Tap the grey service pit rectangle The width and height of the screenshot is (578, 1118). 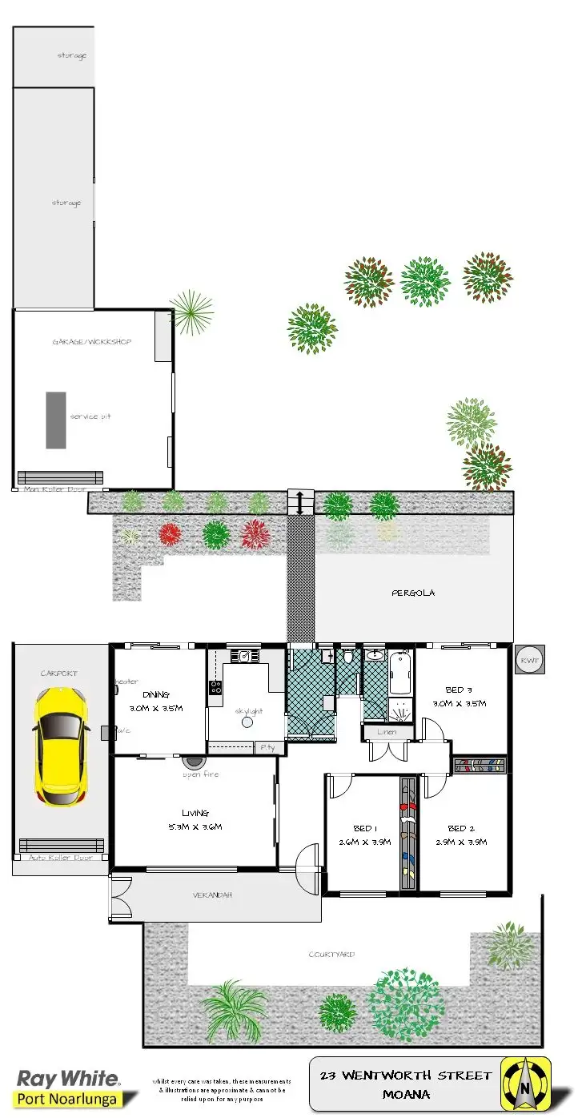(55, 420)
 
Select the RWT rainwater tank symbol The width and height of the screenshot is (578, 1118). (529, 660)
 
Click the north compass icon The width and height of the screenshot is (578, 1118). (525, 1084)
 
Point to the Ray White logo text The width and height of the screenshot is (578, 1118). (67, 1078)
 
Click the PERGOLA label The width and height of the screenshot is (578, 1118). (412, 593)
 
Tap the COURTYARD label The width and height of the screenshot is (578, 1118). (331, 955)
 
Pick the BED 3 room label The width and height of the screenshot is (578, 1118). (460, 690)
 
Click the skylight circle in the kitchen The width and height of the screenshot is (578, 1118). (247, 722)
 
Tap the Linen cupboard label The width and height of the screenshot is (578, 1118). (388, 732)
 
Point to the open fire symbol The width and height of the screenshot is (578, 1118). (193, 763)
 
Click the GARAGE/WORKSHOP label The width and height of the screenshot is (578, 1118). (91, 342)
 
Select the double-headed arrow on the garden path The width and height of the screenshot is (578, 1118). (300, 502)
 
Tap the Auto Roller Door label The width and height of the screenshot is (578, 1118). (60, 858)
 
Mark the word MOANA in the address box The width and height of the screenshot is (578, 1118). (406, 1094)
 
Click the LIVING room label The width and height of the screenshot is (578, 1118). (195, 812)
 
